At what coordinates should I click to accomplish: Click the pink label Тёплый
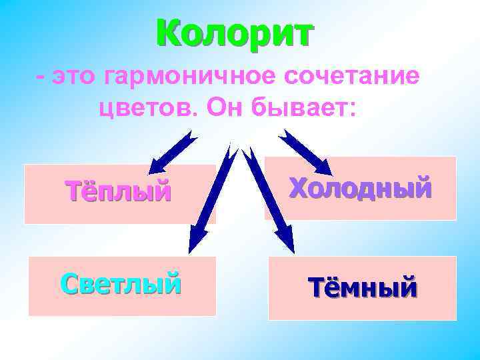(x=119, y=191)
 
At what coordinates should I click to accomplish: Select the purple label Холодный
(x=360, y=189)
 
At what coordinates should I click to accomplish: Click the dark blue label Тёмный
(x=363, y=288)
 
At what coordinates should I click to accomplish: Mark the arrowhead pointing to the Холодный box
(x=312, y=161)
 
